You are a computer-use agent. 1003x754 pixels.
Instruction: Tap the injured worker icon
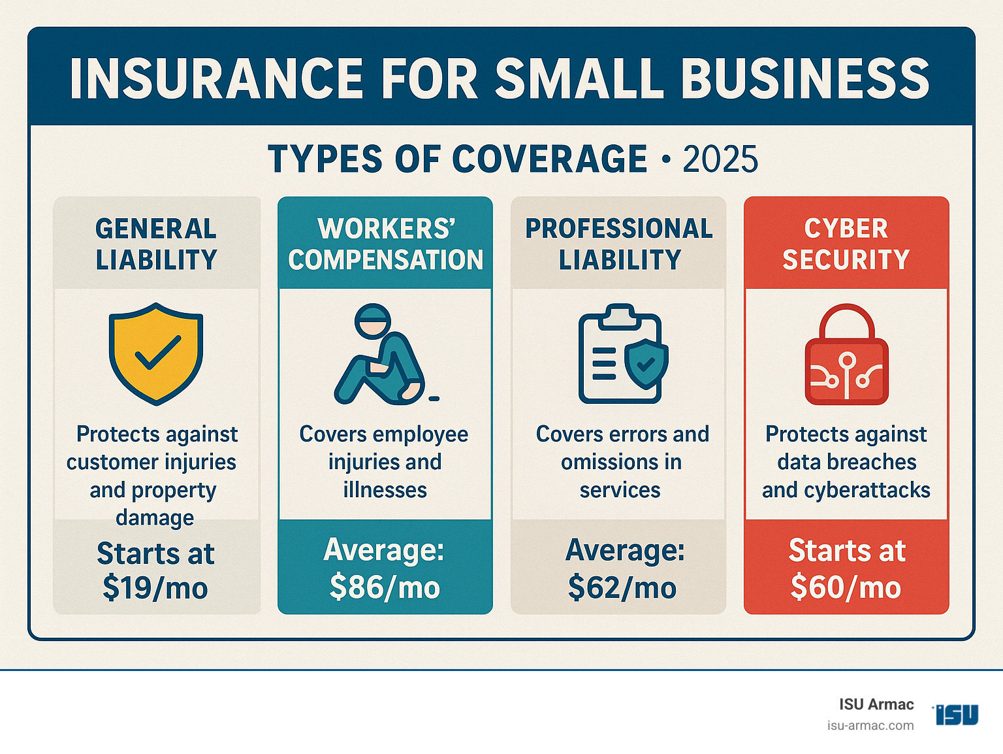coord(383,354)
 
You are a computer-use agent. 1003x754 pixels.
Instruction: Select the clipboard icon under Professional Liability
coord(622,353)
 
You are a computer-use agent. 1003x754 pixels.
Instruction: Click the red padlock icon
coord(846,355)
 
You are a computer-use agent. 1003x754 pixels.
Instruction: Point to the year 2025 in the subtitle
coord(720,159)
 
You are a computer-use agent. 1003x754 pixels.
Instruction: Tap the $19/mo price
coord(155,588)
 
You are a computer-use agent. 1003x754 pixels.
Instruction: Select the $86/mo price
coord(385,587)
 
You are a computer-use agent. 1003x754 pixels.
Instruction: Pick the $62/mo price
coord(622,587)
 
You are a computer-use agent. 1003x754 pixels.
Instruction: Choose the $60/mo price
coord(846,587)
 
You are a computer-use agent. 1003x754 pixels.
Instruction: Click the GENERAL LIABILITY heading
coord(156,244)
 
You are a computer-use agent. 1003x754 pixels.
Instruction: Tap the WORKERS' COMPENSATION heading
coord(385,244)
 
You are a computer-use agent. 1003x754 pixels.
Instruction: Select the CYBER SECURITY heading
coord(846,244)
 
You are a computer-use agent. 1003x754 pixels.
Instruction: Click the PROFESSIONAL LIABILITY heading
coord(619,244)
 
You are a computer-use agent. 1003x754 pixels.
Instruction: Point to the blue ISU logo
coord(957,714)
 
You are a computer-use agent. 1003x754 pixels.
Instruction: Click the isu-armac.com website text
coord(870,726)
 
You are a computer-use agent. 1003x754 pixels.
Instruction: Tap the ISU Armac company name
coord(876,704)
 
